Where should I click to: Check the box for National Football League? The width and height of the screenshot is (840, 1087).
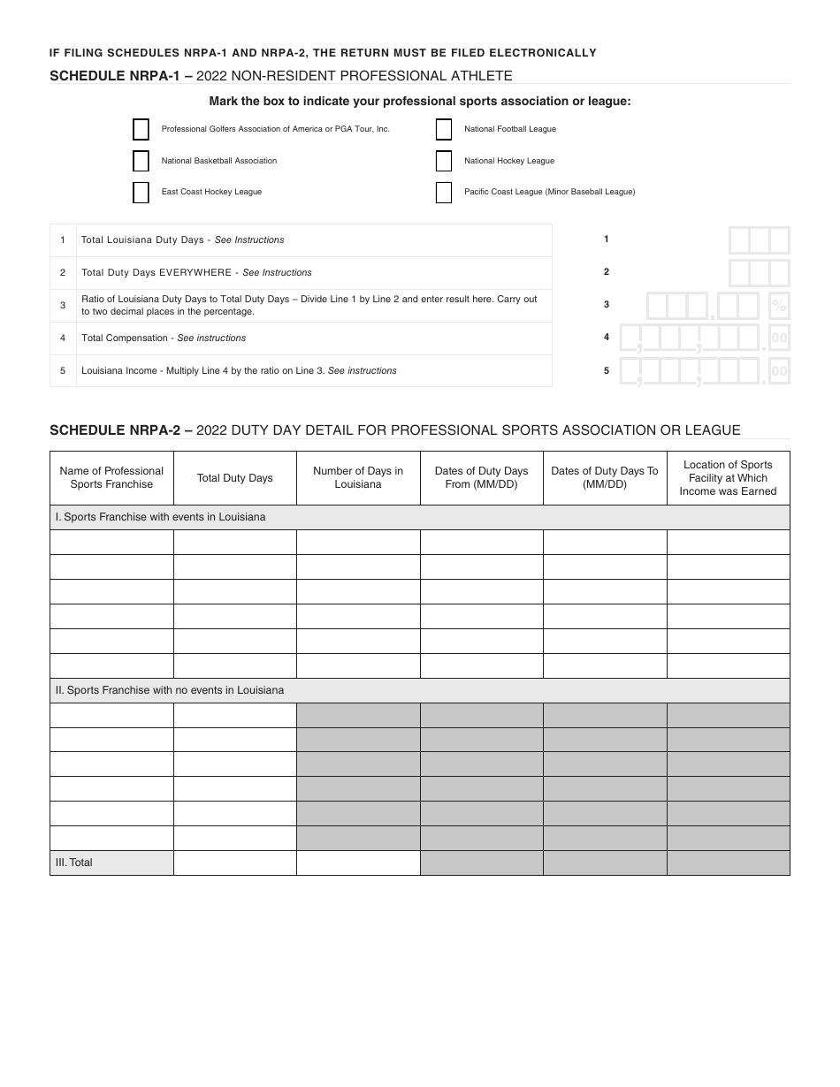pyautogui.click(x=444, y=130)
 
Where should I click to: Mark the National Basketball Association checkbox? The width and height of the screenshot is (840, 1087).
pyautogui.click(x=141, y=161)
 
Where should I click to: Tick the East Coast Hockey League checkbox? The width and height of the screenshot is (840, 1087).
pyautogui.click(x=141, y=193)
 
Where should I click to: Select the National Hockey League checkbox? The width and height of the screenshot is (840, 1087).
pyautogui.click(x=444, y=161)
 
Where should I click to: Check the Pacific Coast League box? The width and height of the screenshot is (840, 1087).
pyautogui.click(x=444, y=193)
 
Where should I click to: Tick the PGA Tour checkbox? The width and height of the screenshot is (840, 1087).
pyautogui.click(x=141, y=130)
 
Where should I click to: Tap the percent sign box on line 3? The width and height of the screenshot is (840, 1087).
pyautogui.click(x=779, y=306)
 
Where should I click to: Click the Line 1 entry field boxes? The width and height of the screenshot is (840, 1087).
pyautogui.click(x=759, y=240)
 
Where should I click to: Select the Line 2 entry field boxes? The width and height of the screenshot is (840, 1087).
pyautogui.click(x=759, y=273)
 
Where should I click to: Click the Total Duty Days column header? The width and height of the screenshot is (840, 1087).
pyautogui.click(x=234, y=478)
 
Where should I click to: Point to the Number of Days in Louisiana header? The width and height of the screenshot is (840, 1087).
pyautogui.click(x=358, y=478)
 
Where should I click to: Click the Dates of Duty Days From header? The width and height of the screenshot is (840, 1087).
pyautogui.click(x=481, y=478)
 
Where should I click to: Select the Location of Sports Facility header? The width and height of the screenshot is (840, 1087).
pyautogui.click(x=728, y=478)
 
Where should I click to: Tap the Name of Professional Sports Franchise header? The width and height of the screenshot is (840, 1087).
pyautogui.click(x=111, y=478)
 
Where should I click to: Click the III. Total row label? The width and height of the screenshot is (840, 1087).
pyautogui.click(x=74, y=863)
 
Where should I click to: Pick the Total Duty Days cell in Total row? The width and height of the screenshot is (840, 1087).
pyautogui.click(x=234, y=863)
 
